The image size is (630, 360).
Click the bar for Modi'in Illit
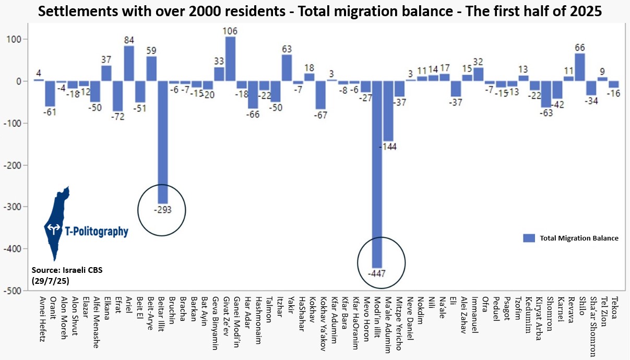[x=377, y=174]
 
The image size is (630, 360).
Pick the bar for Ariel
[x=129, y=63]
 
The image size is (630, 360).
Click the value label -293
[x=162, y=210]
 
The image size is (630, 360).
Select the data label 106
[x=230, y=31]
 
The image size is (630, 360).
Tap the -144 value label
[x=388, y=147]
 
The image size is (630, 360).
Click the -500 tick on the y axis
[x=19, y=291]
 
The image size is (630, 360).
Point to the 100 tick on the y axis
[x=21, y=39]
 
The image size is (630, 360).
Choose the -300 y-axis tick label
[x=19, y=207]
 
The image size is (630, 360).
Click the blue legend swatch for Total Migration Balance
[x=529, y=238]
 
